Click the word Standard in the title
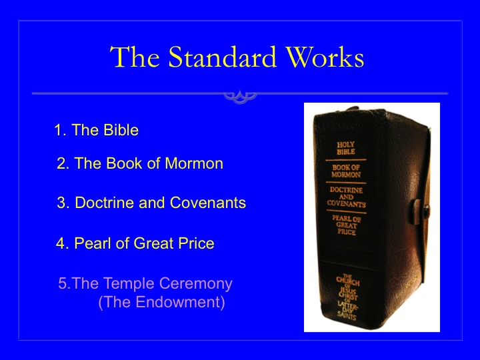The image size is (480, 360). (222, 57)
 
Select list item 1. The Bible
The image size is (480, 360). (97, 130)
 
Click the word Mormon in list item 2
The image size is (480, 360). (194, 163)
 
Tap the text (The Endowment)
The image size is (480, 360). (161, 302)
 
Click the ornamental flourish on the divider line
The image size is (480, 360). (240, 97)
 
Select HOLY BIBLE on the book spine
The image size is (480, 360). (346, 148)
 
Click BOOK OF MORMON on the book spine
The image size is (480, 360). (346, 171)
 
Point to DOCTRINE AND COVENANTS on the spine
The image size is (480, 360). (347, 197)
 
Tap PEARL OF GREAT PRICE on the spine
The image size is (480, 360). (347, 225)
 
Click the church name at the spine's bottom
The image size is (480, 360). (347, 297)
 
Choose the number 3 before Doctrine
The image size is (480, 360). (61, 203)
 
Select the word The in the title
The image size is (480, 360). (135, 57)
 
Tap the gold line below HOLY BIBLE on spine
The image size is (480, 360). (346, 160)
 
